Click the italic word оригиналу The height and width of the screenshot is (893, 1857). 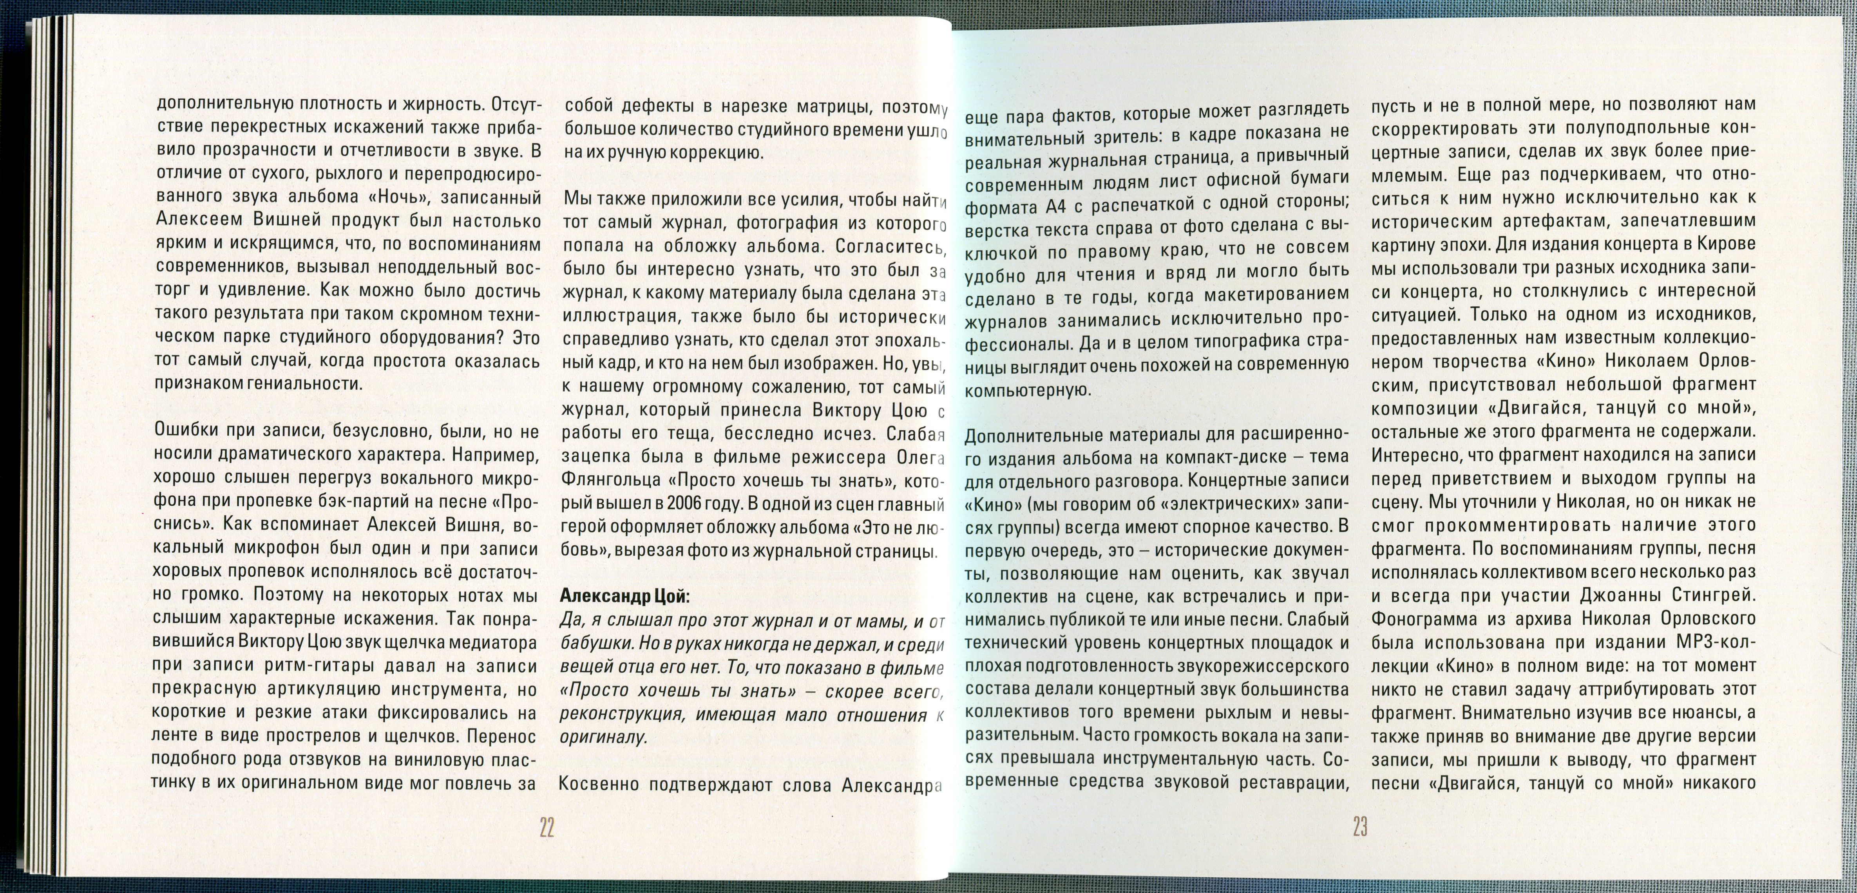click(604, 738)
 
